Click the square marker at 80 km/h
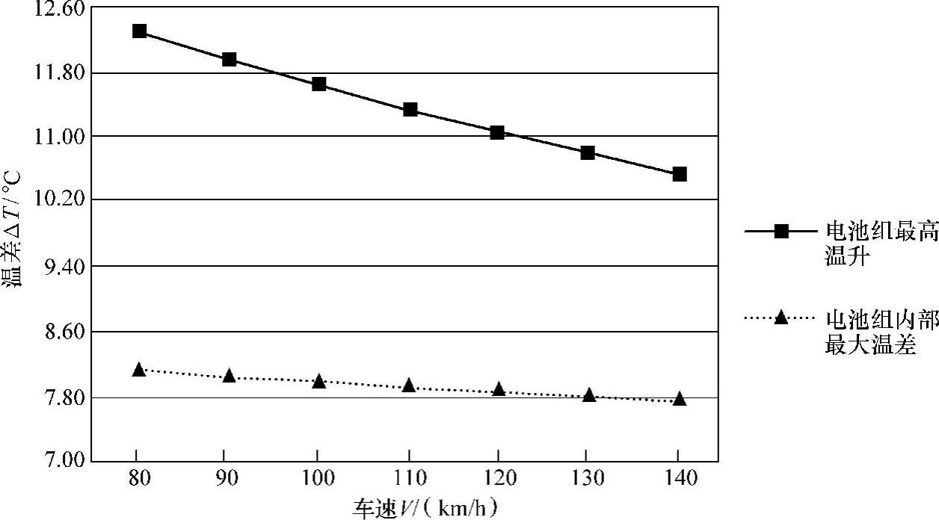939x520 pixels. click(x=138, y=31)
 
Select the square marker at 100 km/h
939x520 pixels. click(x=319, y=84)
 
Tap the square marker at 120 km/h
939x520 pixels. click(x=497, y=132)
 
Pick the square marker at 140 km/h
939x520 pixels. click(x=680, y=174)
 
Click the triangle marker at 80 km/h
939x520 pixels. click(x=138, y=369)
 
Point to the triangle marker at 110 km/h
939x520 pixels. click(x=409, y=386)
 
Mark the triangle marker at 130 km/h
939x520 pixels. click(x=589, y=394)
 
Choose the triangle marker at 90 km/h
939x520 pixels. click(x=229, y=375)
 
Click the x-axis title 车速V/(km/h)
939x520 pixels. click(x=425, y=509)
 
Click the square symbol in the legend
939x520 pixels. click(x=781, y=232)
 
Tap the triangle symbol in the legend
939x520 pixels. click(x=781, y=318)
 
